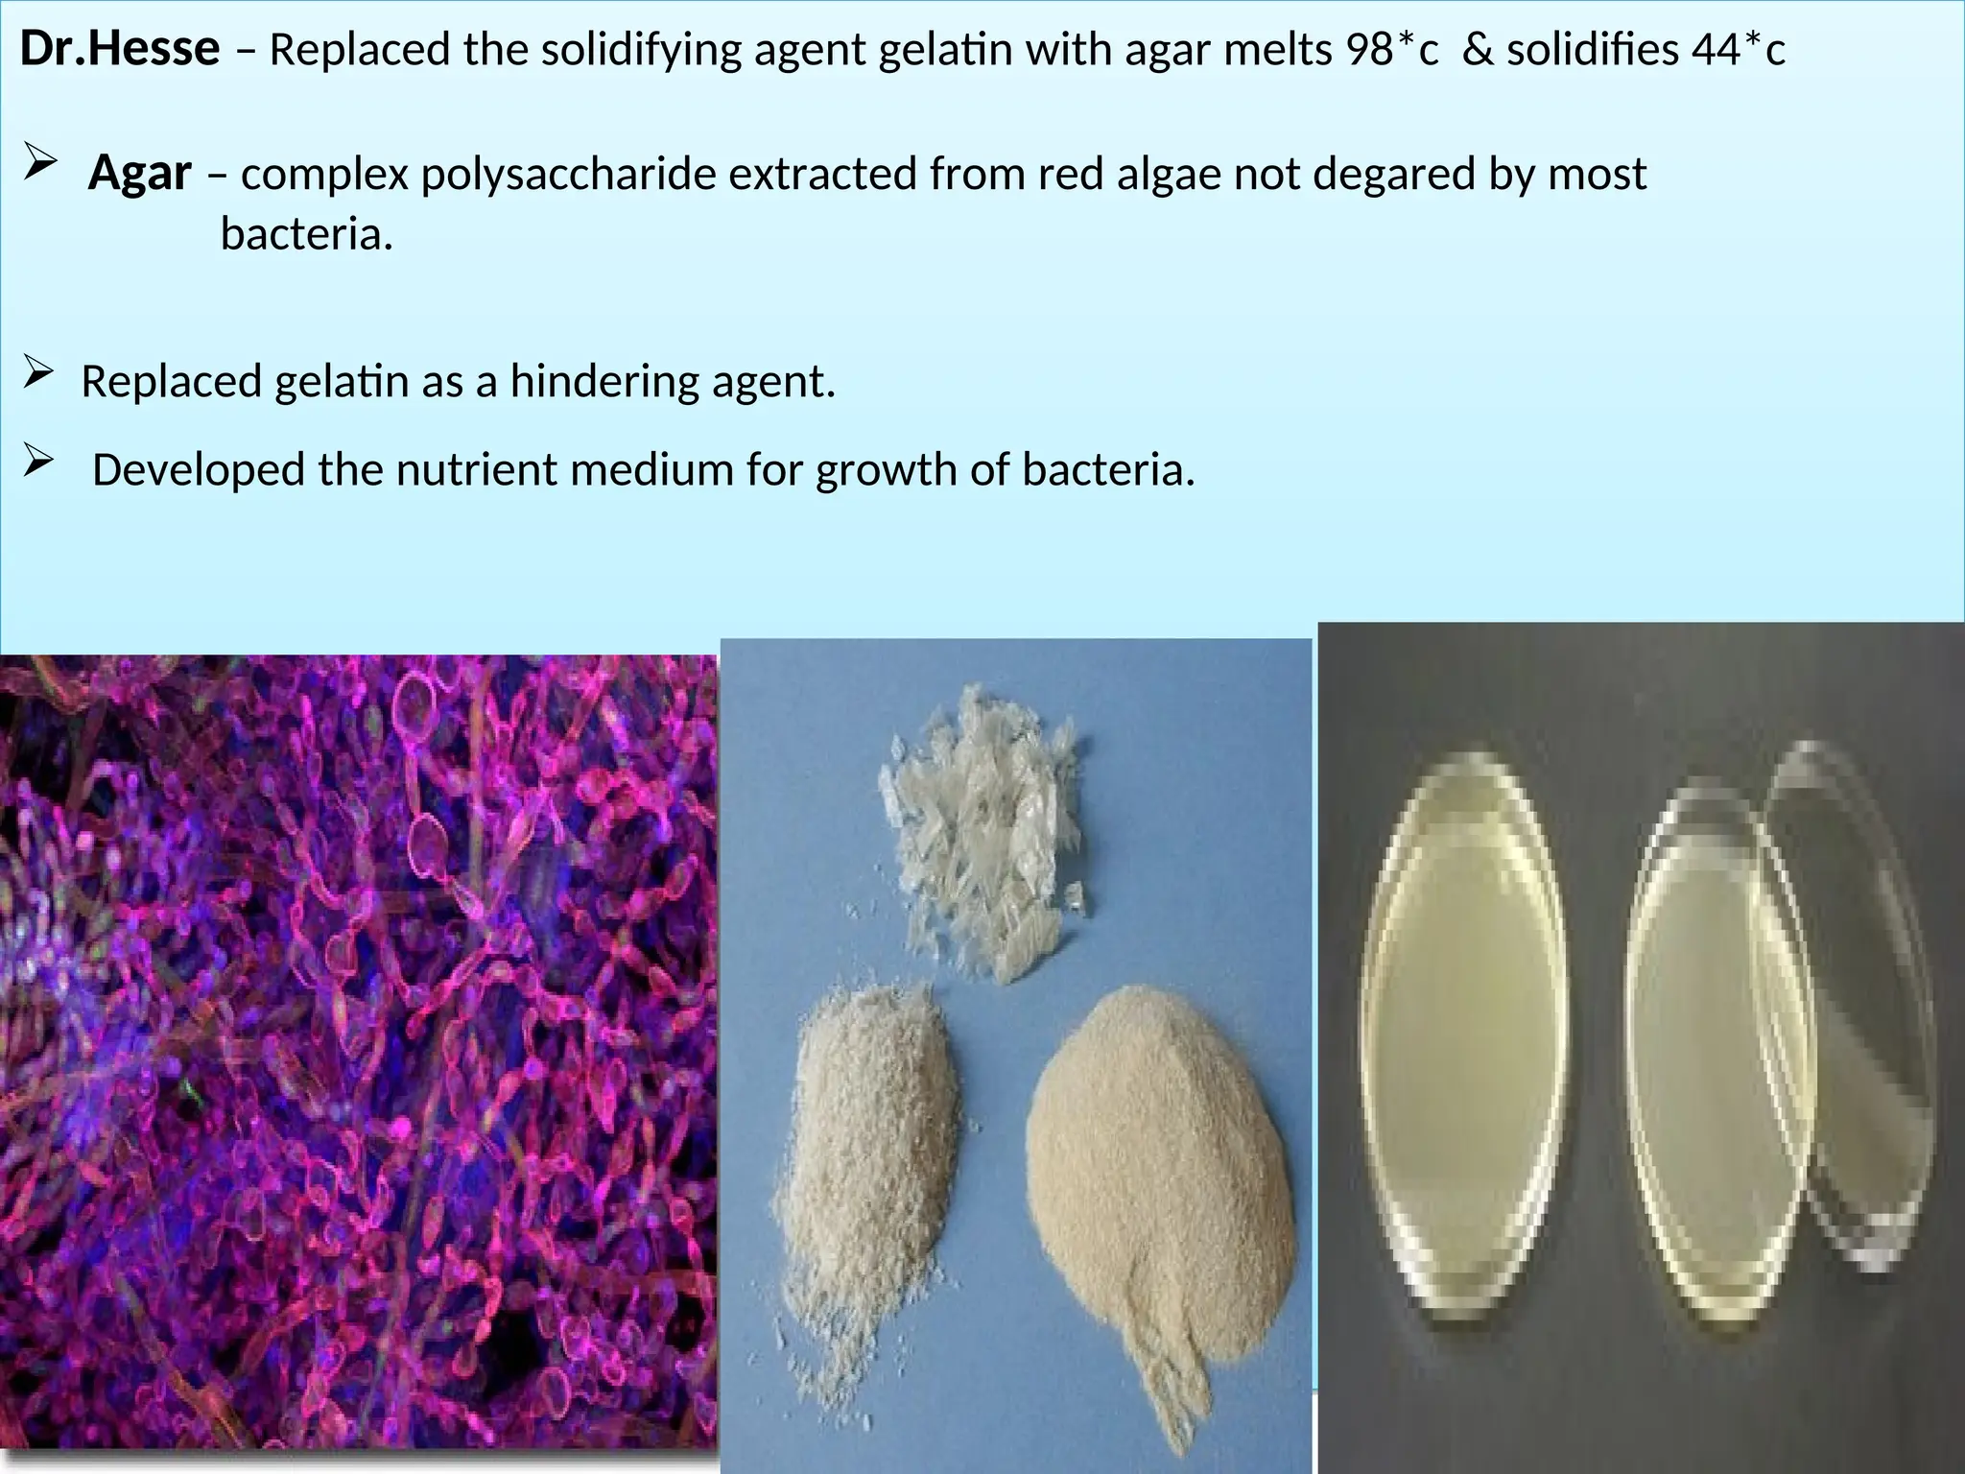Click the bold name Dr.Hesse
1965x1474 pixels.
[120, 50]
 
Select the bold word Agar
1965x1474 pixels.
[140, 175]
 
